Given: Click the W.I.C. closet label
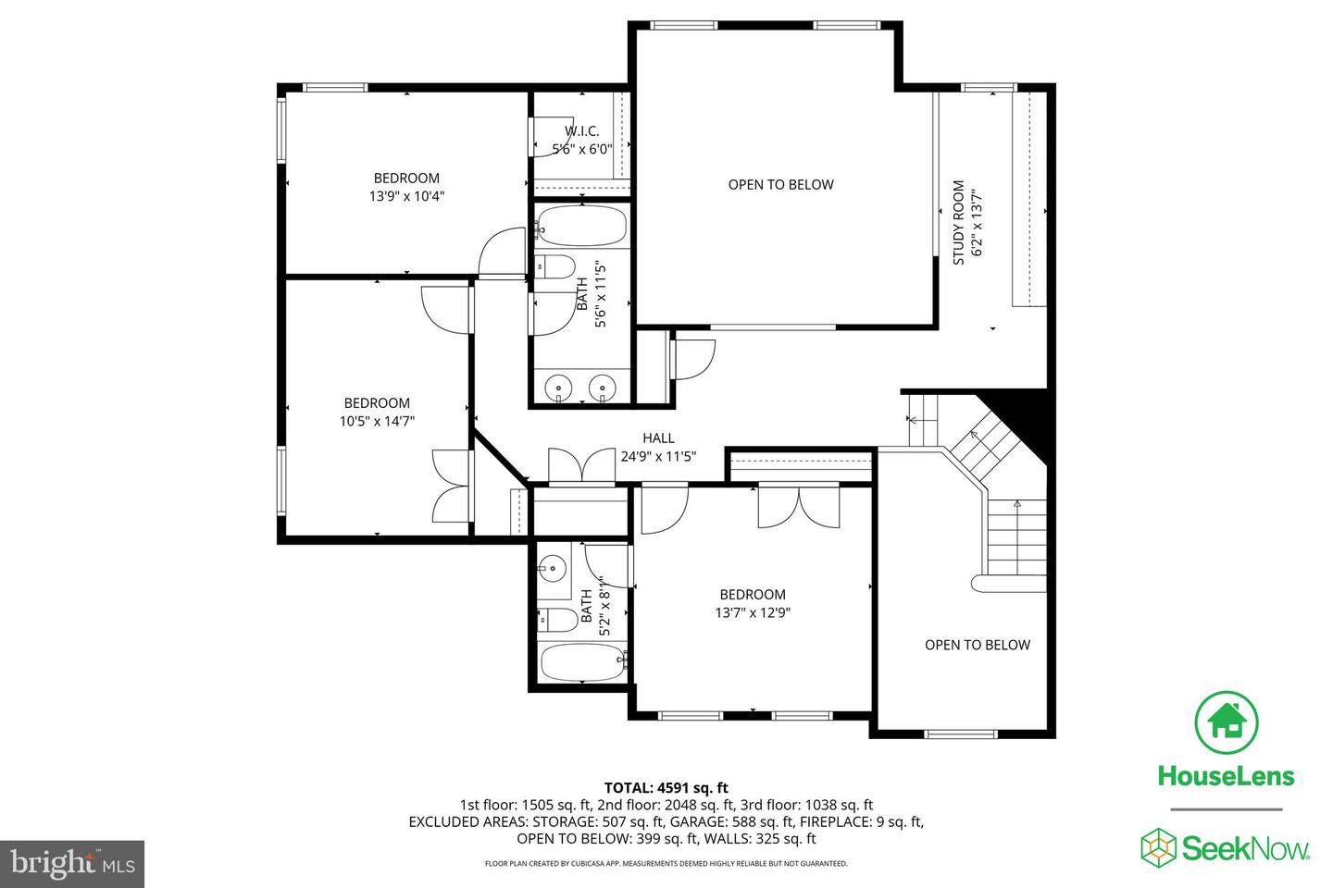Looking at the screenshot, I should [x=582, y=131].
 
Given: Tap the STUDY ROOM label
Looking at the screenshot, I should [x=959, y=222].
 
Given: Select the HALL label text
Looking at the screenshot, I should [x=658, y=438].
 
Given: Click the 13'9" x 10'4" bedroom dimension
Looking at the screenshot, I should [x=406, y=196].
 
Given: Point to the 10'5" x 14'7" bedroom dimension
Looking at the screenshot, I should [x=377, y=421].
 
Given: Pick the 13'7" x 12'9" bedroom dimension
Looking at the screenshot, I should [x=753, y=612].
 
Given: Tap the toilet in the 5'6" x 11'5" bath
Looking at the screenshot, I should [x=556, y=267].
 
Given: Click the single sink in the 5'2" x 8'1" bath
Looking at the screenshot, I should [x=554, y=567].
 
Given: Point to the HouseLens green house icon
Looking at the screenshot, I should [x=1227, y=721].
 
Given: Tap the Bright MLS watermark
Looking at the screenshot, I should [x=72, y=864].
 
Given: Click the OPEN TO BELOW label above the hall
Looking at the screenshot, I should [x=780, y=184].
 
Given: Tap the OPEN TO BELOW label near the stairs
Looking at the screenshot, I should [x=977, y=645].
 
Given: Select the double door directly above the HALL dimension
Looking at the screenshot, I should [x=580, y=464].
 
